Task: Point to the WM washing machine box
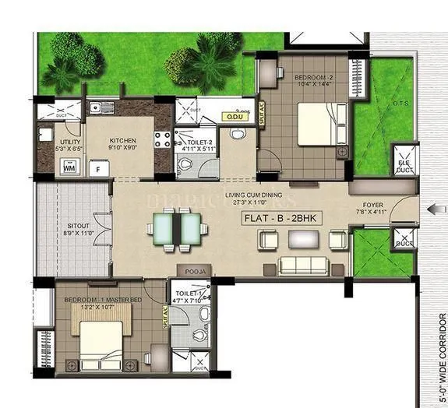click(69, 167)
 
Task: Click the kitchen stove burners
click(164, 141)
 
